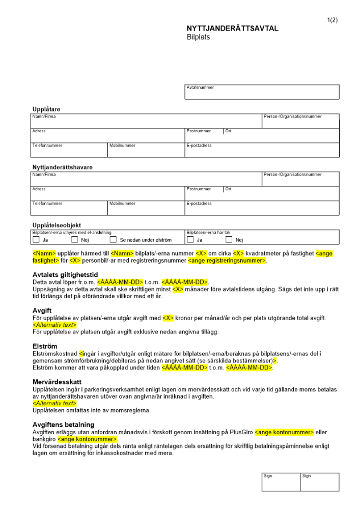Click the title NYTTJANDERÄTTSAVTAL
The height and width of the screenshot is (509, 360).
pyautogui.click(x=233, y=29)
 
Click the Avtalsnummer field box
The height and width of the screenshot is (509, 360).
pyautogui.click(x=262, y=92)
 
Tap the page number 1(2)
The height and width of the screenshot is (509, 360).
pyautogui.click(x=333, y=20)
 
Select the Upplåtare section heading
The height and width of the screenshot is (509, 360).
pyautogui.click(x=46, y=109)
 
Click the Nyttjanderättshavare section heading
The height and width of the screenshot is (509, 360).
pyautogui.click(x=62, y=167)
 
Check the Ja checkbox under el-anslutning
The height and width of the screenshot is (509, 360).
pyautogui.click(x=36, y=240)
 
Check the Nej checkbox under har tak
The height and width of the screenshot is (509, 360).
pyautogui.click(x=229, y=240)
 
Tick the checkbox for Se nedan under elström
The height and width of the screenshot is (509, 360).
pyautogui.click(x=113, y=240)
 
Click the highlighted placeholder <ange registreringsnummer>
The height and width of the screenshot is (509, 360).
pyautogui.click(x=227, y=261)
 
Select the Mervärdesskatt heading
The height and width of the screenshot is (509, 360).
pyautogui.click(x=57, y=381)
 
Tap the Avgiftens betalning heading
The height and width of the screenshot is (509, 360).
pyautogui.click(x=63, y=425)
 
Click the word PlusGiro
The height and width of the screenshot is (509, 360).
pyautogui.click(x=241, y=432)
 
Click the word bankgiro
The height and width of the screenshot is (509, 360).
pyautogui.click(x=44, y=439)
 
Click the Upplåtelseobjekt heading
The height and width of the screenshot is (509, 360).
pyautogui.click(x=56, y=225)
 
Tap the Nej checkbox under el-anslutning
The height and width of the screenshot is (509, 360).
pyautogui.click(x=74, y=240)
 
